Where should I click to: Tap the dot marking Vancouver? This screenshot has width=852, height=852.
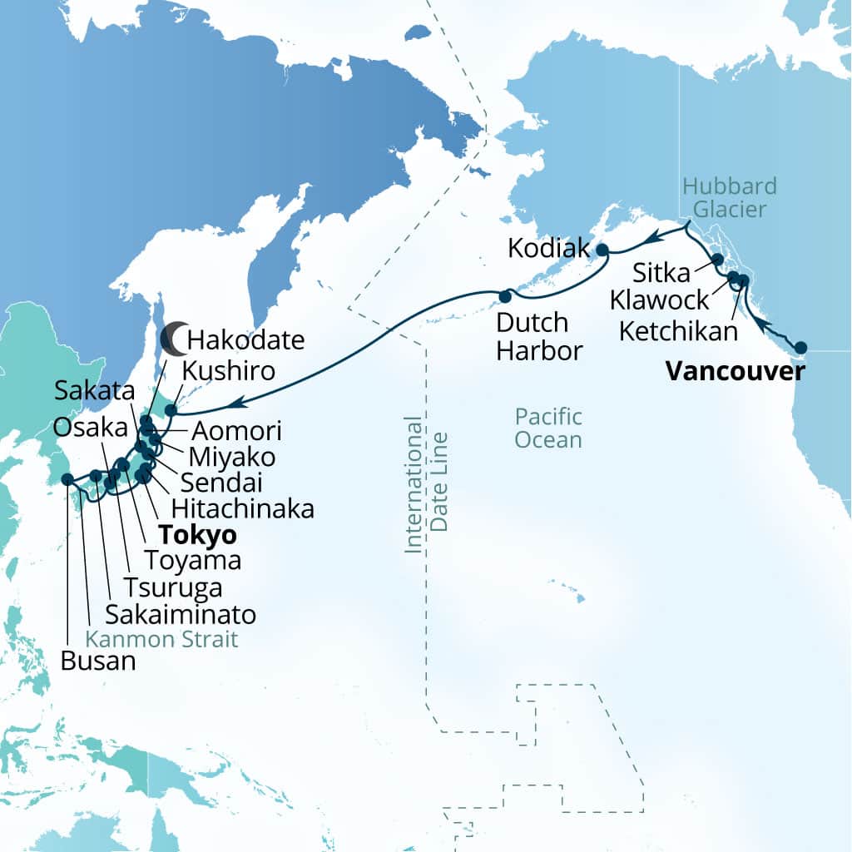point(801,348)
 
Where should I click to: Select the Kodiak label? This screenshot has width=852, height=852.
point(547,249)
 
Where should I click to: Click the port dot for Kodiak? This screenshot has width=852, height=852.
point(602,249)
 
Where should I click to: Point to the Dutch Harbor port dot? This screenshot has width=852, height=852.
point(504,295)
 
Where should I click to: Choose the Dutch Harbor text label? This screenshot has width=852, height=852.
point(539,336)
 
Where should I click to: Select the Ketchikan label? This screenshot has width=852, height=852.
point(679,331)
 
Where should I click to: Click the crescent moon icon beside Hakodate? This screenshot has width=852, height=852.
point(173,337)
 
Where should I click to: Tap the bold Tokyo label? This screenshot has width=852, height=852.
point(200,534)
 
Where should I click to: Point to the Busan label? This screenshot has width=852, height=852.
point(97,661)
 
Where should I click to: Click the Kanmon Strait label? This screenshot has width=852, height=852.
point(163,639)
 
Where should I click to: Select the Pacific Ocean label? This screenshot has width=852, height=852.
point(548,427)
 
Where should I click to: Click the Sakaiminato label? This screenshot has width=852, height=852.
point(181,614)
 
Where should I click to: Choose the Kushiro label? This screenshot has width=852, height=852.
point(230,370)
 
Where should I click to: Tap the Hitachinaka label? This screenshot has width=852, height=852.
point(241,508)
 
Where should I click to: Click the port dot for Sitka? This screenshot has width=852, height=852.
point(717,260)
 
